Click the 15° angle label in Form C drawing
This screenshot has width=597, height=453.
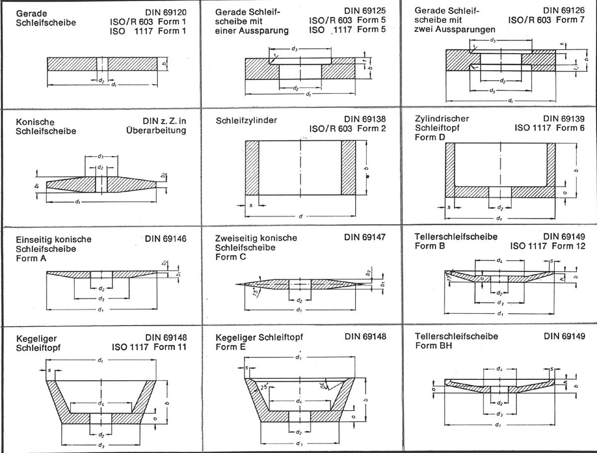[x=255, y=290]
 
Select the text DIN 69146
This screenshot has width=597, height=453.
[x=166, y=238]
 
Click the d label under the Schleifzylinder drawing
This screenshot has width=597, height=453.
[x=300, y=217]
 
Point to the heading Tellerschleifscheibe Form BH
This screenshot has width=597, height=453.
[x=456, y=341]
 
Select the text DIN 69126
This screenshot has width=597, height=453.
[x=564, y=10]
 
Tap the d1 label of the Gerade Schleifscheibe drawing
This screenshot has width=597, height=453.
[x=114, y=85]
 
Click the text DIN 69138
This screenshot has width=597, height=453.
[x=365, y=119]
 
